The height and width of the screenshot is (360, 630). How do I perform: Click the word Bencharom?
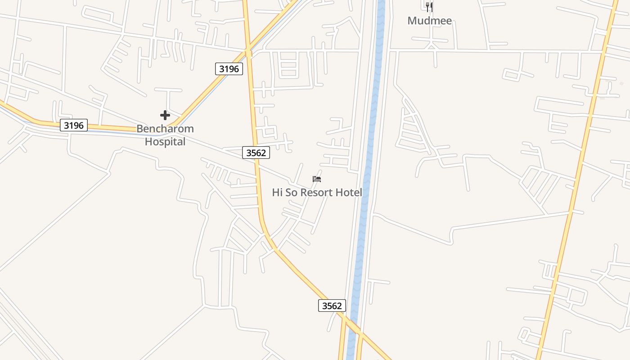(165, 129)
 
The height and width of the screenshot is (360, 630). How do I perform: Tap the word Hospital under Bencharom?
(165, 142)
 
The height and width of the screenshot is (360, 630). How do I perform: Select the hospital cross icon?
(165, 115)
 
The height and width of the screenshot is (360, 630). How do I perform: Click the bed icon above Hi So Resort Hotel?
(317, 179)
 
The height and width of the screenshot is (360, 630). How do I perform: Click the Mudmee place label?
(429, 21)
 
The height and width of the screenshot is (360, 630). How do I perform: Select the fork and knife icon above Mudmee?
(429, 7)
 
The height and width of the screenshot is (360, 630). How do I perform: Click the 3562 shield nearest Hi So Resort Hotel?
(256, 153)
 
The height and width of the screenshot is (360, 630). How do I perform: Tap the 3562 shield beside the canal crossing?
(332, 306)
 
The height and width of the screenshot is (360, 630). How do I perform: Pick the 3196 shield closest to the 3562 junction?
(229, 69)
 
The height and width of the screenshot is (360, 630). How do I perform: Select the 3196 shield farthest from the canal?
(74, 125)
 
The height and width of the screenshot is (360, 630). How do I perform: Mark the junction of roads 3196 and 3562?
(248, 49)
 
